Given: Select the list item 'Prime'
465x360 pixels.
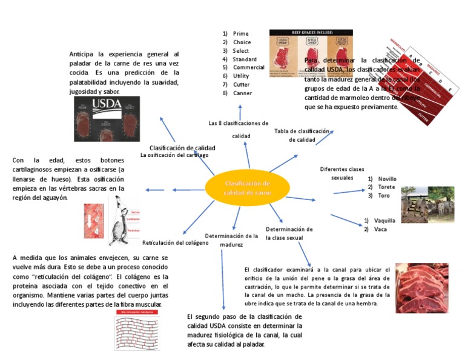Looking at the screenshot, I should tap(241, 34).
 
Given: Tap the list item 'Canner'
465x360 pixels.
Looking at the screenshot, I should tap(242, 93).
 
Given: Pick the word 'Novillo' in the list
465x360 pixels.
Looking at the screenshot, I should tap(387, 179).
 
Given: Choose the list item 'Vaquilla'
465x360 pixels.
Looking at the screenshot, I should tap(384, 221).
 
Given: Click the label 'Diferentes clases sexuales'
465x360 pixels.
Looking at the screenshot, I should tap(342, 174).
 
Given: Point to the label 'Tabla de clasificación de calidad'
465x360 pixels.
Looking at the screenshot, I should tap(302, 135).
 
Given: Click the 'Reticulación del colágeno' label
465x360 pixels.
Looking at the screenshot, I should tap(175, 242).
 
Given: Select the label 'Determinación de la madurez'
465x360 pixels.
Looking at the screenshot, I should tap(231, 240).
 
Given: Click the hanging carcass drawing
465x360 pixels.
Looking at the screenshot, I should tap(125, 221).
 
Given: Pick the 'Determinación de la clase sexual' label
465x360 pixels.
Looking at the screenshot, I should tap(289, 234).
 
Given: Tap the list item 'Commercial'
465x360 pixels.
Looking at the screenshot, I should tap(248, 68).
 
